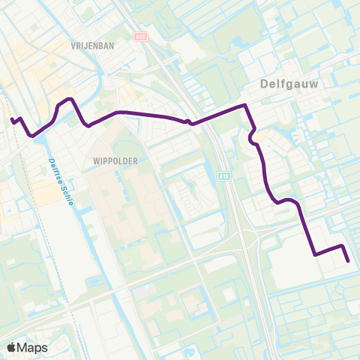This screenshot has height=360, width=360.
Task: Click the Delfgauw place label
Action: pyautogui.click(x=289, y=85)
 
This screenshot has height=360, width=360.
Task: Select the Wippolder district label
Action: pyautogui.click(x=112, y=160)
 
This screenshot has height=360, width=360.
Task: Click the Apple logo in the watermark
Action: pyautogui.click(x=13, y=347)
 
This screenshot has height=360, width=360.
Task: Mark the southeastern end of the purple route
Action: pyautogui.click(x=348, y=261)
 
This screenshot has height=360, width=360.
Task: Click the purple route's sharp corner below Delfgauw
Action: pyautogui.click(x=244, y=106)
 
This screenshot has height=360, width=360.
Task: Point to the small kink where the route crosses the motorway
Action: pyautogui.click(x=188, y=121)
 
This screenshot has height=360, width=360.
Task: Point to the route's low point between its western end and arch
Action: pyautogui.click(x=32, y=136)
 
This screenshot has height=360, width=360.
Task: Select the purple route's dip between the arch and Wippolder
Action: pyautogui.click(x=88, y=125)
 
